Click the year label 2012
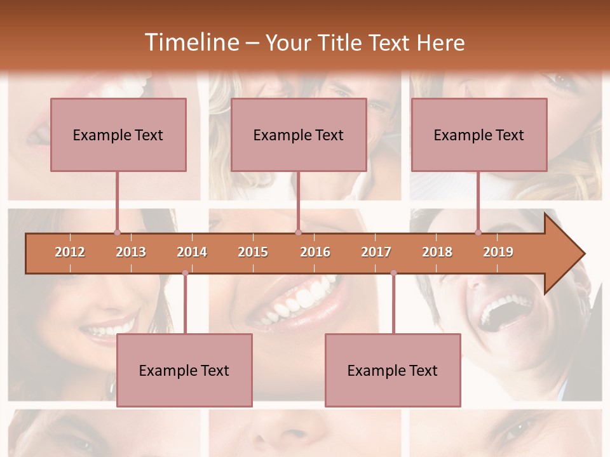pyautogui.click(x=70, y=252)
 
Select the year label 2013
pyautogui.click(x=131, y=252)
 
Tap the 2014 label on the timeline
pyautogui.click(x=192, y=252)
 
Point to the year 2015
pyautogui.click(x=253, y=252)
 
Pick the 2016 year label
pyautogui.click(x=315, y=252)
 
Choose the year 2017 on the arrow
pyautogui.click(x=376, y=252)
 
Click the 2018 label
pyautogui.click(x=437, y=252)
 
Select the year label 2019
pyautogui.click(x=498, y=252)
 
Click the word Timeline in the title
pyautogui.click(x=191, y=43)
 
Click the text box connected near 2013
pyautogui.click(x=118, y=135)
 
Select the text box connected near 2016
pyautogui.click(x=299, y=135)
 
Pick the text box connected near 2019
pyautogui.click(x=479, y=135)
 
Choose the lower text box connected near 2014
pyautogui.click(x=184, y=370)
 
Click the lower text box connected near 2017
pyautogui.click(x=393, y=370)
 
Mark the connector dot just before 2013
pyautogui.click(x=117, y=232)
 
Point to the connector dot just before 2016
pyautogui.click(x=298, y=232)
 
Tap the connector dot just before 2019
pyautogui.click(x=478, y=232)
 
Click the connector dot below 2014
pyautogui.click(x=185, y=273)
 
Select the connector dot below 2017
pyautogui.click(x=393, y=273)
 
